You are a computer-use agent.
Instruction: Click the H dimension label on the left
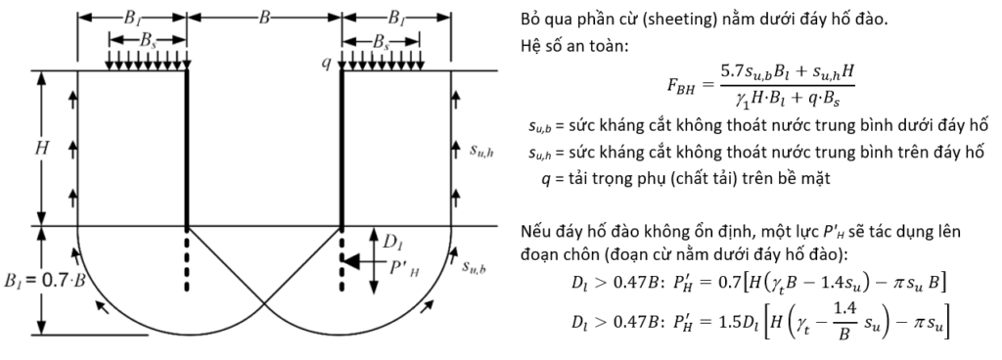pos(42,148)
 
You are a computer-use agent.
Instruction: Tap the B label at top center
pos(264,18)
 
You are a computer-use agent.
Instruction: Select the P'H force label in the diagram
pos(404,267)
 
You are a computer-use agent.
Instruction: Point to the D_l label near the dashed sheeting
pos(390,243)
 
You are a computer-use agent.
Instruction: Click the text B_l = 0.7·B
pos(45,280)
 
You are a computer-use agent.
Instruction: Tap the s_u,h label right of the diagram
pos(481,151)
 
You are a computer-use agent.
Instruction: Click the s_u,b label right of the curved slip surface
pos(474,266)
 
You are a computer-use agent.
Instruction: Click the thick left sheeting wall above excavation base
pos(187,148)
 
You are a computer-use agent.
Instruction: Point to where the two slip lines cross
pos(264,309)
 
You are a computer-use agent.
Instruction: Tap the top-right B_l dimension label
pos(396,18)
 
